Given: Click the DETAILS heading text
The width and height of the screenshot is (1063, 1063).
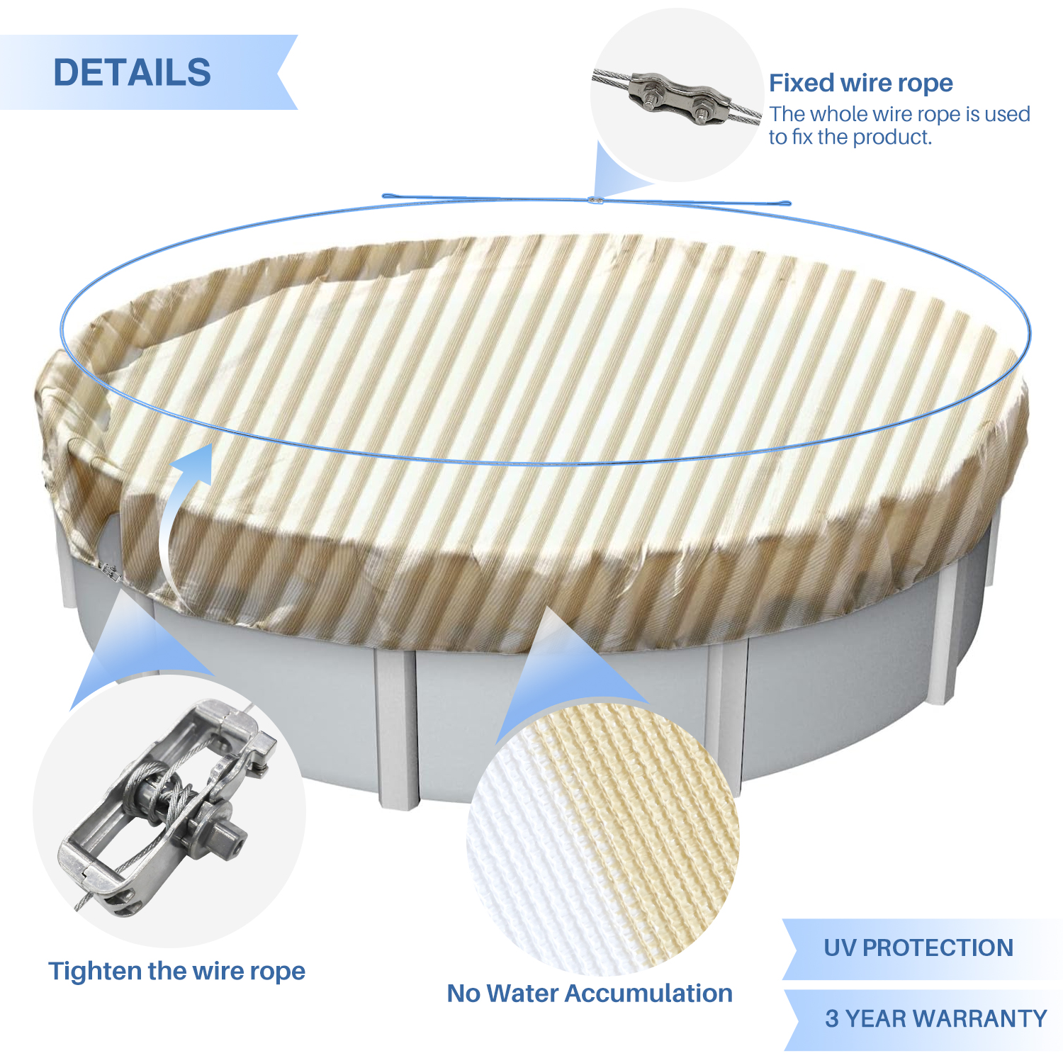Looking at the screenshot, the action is coord(133,72).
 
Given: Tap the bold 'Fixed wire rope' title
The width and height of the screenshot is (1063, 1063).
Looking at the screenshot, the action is coord(861,83).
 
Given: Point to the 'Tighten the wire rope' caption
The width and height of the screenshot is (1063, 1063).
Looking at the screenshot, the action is coord(176,971).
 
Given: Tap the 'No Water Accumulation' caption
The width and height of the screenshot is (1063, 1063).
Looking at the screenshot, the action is coord(590,993).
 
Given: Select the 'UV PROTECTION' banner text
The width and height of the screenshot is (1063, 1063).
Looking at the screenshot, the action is coord(918,947).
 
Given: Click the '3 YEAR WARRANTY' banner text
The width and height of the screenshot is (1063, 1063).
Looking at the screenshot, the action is coord(936,1018).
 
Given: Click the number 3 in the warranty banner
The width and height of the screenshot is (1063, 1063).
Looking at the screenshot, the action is coord(832,1018).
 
